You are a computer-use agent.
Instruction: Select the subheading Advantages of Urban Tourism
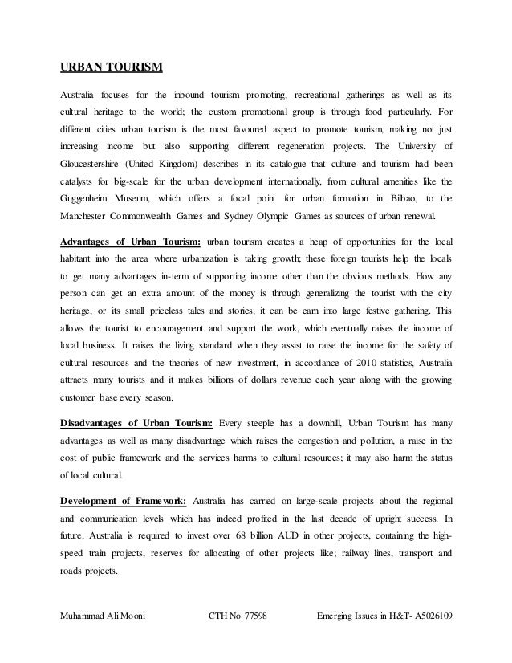point(131,242)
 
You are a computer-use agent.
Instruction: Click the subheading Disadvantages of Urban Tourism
point(136,424)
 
